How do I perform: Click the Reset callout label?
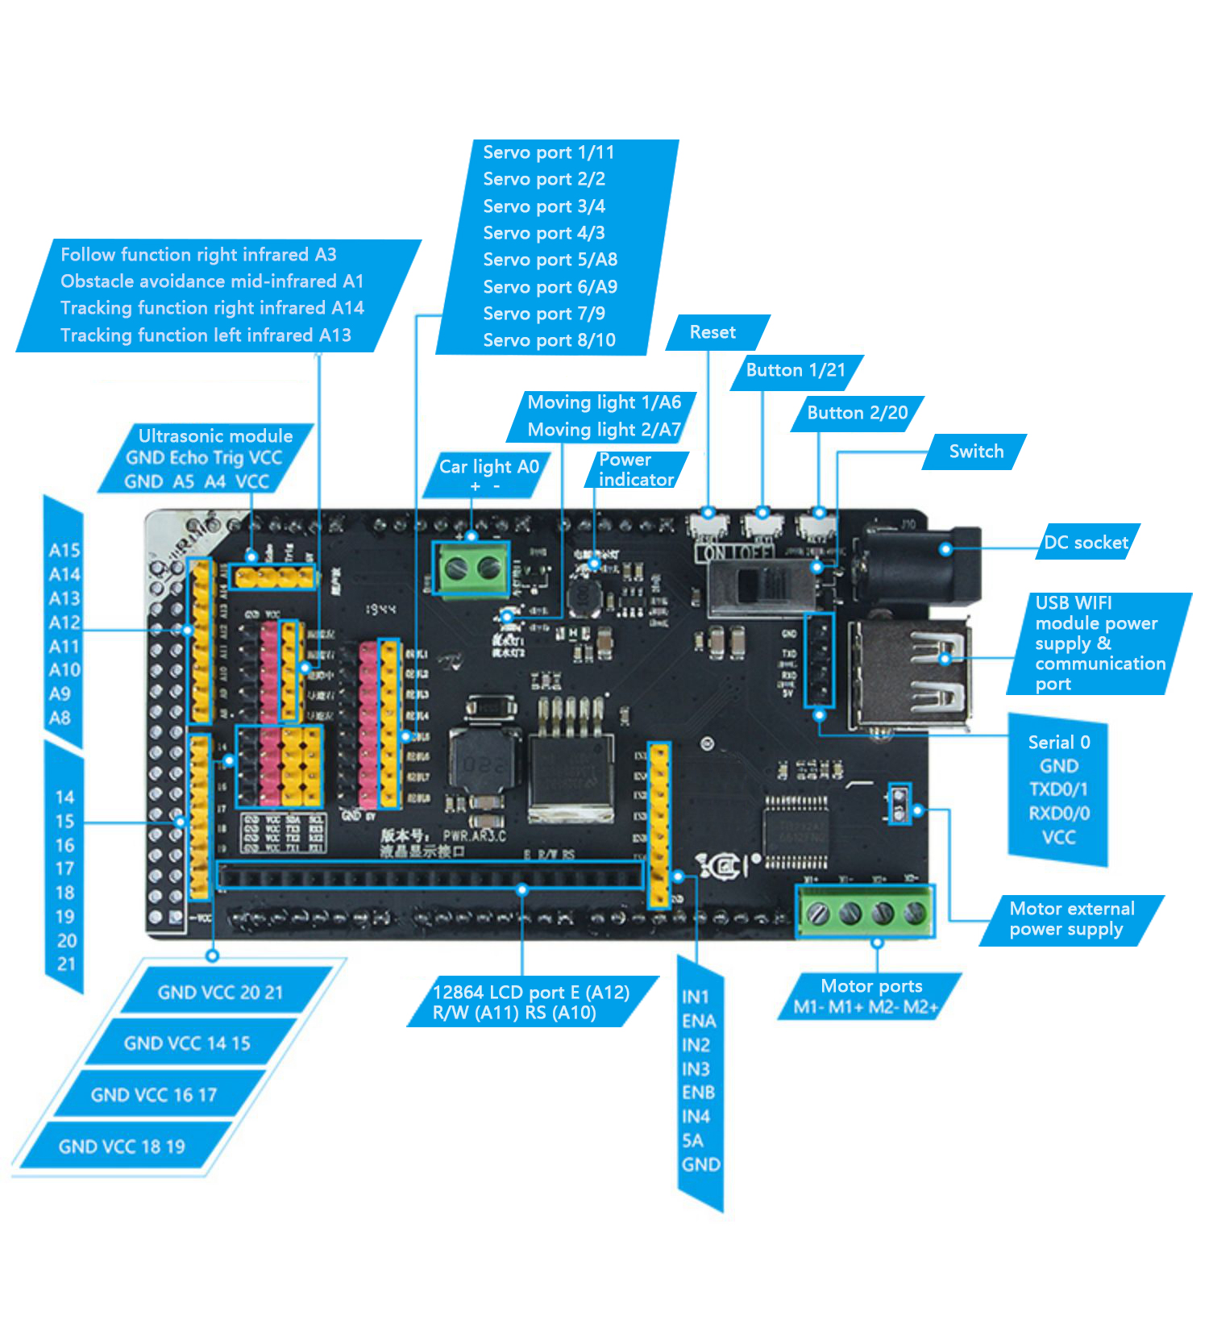pyautogui.click(x=713, y=332)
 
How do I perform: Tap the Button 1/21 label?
pyautogui.click(x=796, y=370)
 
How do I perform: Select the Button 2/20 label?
pyautogui.click(x=857, y=413)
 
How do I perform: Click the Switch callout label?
pyautogui.click(x=976, y=452)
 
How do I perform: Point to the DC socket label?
pyautogui.click(x=1086, y=543)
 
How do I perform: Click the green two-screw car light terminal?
pyautogui.click(x=472, y=569)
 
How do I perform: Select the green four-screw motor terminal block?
pyautogui.click(x=866, y=912)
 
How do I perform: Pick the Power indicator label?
pyautogui.click(x=636, y=469)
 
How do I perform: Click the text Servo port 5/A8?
pyautogui.click(x=550, y=260)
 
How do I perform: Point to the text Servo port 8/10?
pyautogui.click(x=549, y=340)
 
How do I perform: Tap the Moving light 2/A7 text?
pyautogui.click(x=604, y=430)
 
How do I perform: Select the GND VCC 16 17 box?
pyautogui.click(x=154, y=1095)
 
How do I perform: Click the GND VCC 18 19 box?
pyautogui.click(x=122, y=1147)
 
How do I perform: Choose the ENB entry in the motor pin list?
pyautogui.click(x=698, y=1093)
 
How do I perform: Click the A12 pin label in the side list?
pyautogui.click(x=64, y=622)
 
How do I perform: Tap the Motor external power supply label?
pyautogui.click(x=1071, y=919)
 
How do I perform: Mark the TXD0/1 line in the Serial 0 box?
pyautogui.click(x=1058, y=789)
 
